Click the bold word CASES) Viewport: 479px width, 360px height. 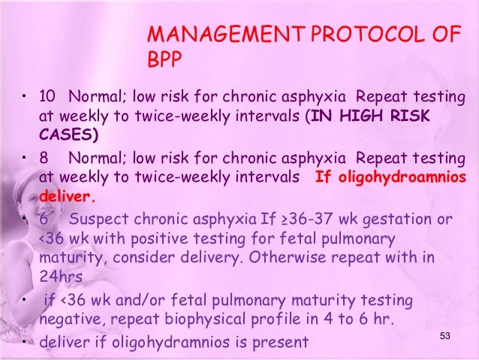[x=68, y=135]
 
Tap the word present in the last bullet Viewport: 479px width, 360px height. [x=277, y=342]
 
